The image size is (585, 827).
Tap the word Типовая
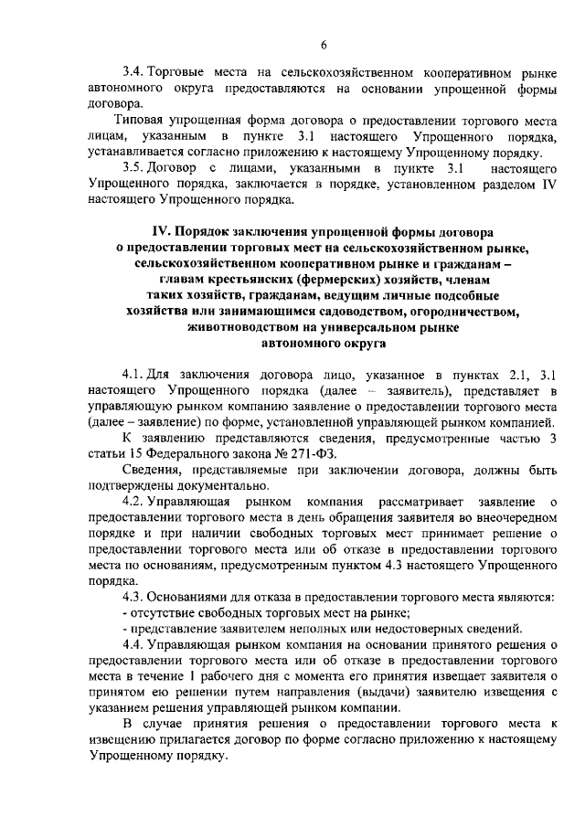140,120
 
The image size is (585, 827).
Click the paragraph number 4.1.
133,374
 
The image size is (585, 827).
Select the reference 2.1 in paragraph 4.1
505,374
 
